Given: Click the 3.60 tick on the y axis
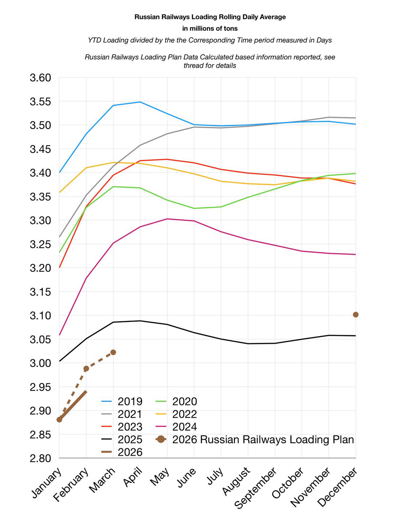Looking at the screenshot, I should tap(40, 78).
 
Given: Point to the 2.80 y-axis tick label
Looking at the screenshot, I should tap(40, 458).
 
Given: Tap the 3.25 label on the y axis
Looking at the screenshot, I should tap(40, 244).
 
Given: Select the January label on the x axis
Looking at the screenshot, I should tap(46, 481).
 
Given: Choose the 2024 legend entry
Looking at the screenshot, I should tap(184, 426).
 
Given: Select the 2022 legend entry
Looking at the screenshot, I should tap(184, 414).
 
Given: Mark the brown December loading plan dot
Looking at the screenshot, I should tap(355, 314).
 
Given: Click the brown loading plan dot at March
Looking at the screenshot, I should tap(113, 352).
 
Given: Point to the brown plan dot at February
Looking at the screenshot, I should tap(86, 369).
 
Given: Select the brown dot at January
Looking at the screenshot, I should tap(59, 419).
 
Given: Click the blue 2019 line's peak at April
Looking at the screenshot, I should tap(140, 102).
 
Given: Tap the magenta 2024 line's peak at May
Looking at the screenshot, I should tap(167, 219).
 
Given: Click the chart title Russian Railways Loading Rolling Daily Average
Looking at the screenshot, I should tap(210, 17).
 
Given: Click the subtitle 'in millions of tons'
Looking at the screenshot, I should tap(210, 29).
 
